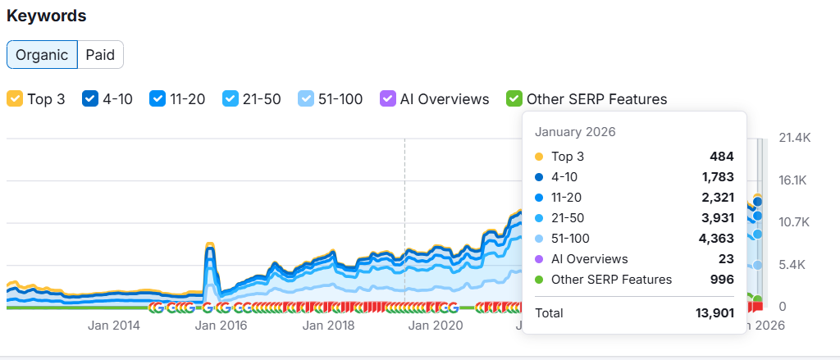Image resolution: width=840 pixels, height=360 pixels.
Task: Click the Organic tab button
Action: point(42,55)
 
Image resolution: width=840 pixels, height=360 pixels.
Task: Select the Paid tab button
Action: point(100,55)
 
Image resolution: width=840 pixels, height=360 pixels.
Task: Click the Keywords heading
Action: point(47,16)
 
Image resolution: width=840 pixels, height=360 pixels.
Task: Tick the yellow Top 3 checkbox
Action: point(15,99)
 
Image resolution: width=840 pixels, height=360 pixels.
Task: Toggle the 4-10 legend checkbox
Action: point(90,99)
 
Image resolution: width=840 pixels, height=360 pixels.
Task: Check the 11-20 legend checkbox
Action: point(157,99)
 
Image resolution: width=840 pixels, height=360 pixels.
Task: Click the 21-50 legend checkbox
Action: point(231,99)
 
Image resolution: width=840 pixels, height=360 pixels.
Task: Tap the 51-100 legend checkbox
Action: point(306,99)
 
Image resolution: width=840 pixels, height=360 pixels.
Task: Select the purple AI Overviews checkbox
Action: point(388,99)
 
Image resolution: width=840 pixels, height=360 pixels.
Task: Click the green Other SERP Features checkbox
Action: point(514,99)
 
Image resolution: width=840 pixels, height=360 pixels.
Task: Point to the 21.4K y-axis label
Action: point(794,138)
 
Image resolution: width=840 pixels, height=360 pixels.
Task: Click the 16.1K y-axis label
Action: point(794,180)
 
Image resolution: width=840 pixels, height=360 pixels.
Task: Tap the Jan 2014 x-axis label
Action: point(114,326)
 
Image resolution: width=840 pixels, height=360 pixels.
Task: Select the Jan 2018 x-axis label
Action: point(327,326)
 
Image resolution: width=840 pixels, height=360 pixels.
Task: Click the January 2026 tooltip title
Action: point(575,132)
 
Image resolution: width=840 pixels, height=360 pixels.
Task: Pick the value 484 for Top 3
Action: point(722,157)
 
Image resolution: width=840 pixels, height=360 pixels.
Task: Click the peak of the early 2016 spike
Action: point(209,244)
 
